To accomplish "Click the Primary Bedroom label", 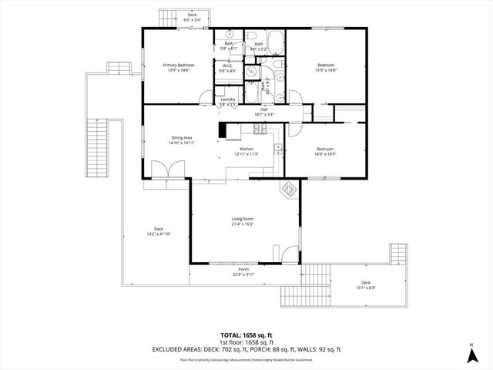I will [178, 68].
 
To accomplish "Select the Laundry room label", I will [227, 101].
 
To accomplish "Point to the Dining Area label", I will [182, 140].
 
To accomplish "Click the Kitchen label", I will [246, 151].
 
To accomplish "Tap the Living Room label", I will [243, 222].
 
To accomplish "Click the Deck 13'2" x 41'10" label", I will [159, 231].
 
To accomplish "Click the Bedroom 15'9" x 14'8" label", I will [326, 68].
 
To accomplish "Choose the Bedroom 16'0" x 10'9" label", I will [326, 151].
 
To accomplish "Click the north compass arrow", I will [471, 355].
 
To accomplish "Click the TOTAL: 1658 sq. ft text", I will [246, 335].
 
